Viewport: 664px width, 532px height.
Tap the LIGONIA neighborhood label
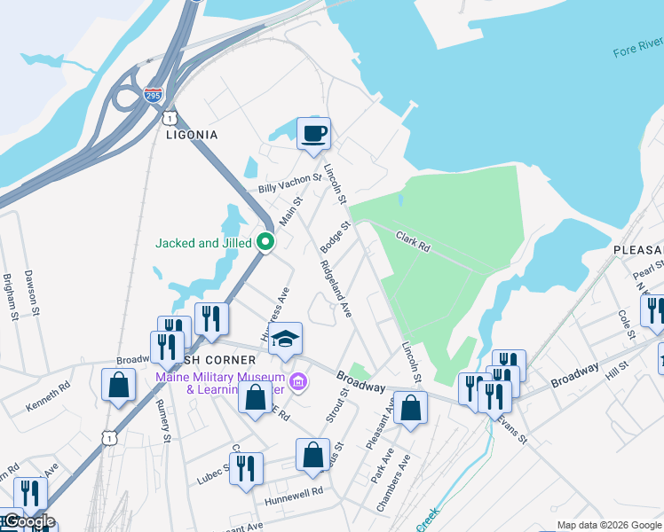[192, 135]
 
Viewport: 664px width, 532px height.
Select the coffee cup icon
[313, 134]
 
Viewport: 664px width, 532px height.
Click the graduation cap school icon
[286, 339]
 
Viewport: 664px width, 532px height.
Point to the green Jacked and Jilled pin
[265, 241]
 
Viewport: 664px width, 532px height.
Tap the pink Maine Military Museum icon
[299, 382]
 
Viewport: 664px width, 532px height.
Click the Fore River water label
[637, 46]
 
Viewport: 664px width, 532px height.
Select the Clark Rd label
[413, 241]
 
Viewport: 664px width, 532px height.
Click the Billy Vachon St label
[289, 184]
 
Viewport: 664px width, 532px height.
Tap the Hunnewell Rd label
[293, 492]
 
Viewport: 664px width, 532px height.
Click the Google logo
[28, 521]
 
